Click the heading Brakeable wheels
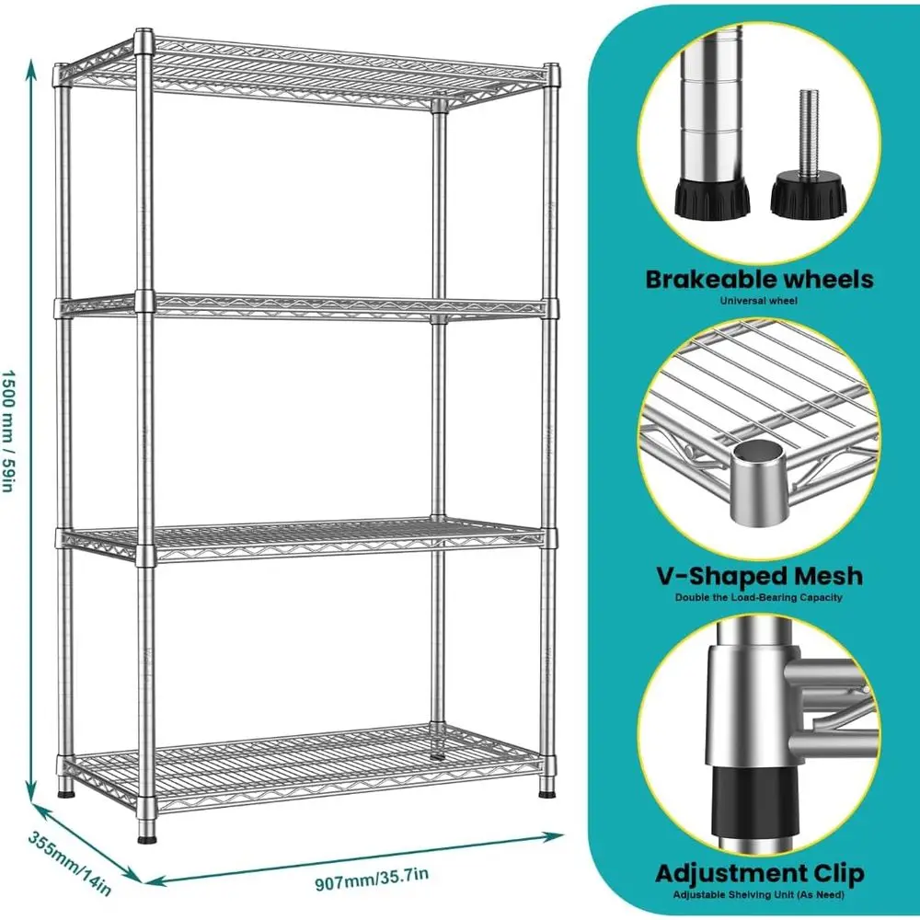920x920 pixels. [x=759, y=279]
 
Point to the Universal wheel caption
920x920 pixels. [x=759, y=300]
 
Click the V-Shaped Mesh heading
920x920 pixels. [x=759, y=576]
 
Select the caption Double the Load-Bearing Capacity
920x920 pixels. [x=759, y=597]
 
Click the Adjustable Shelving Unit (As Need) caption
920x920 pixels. [x=759, y=893]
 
